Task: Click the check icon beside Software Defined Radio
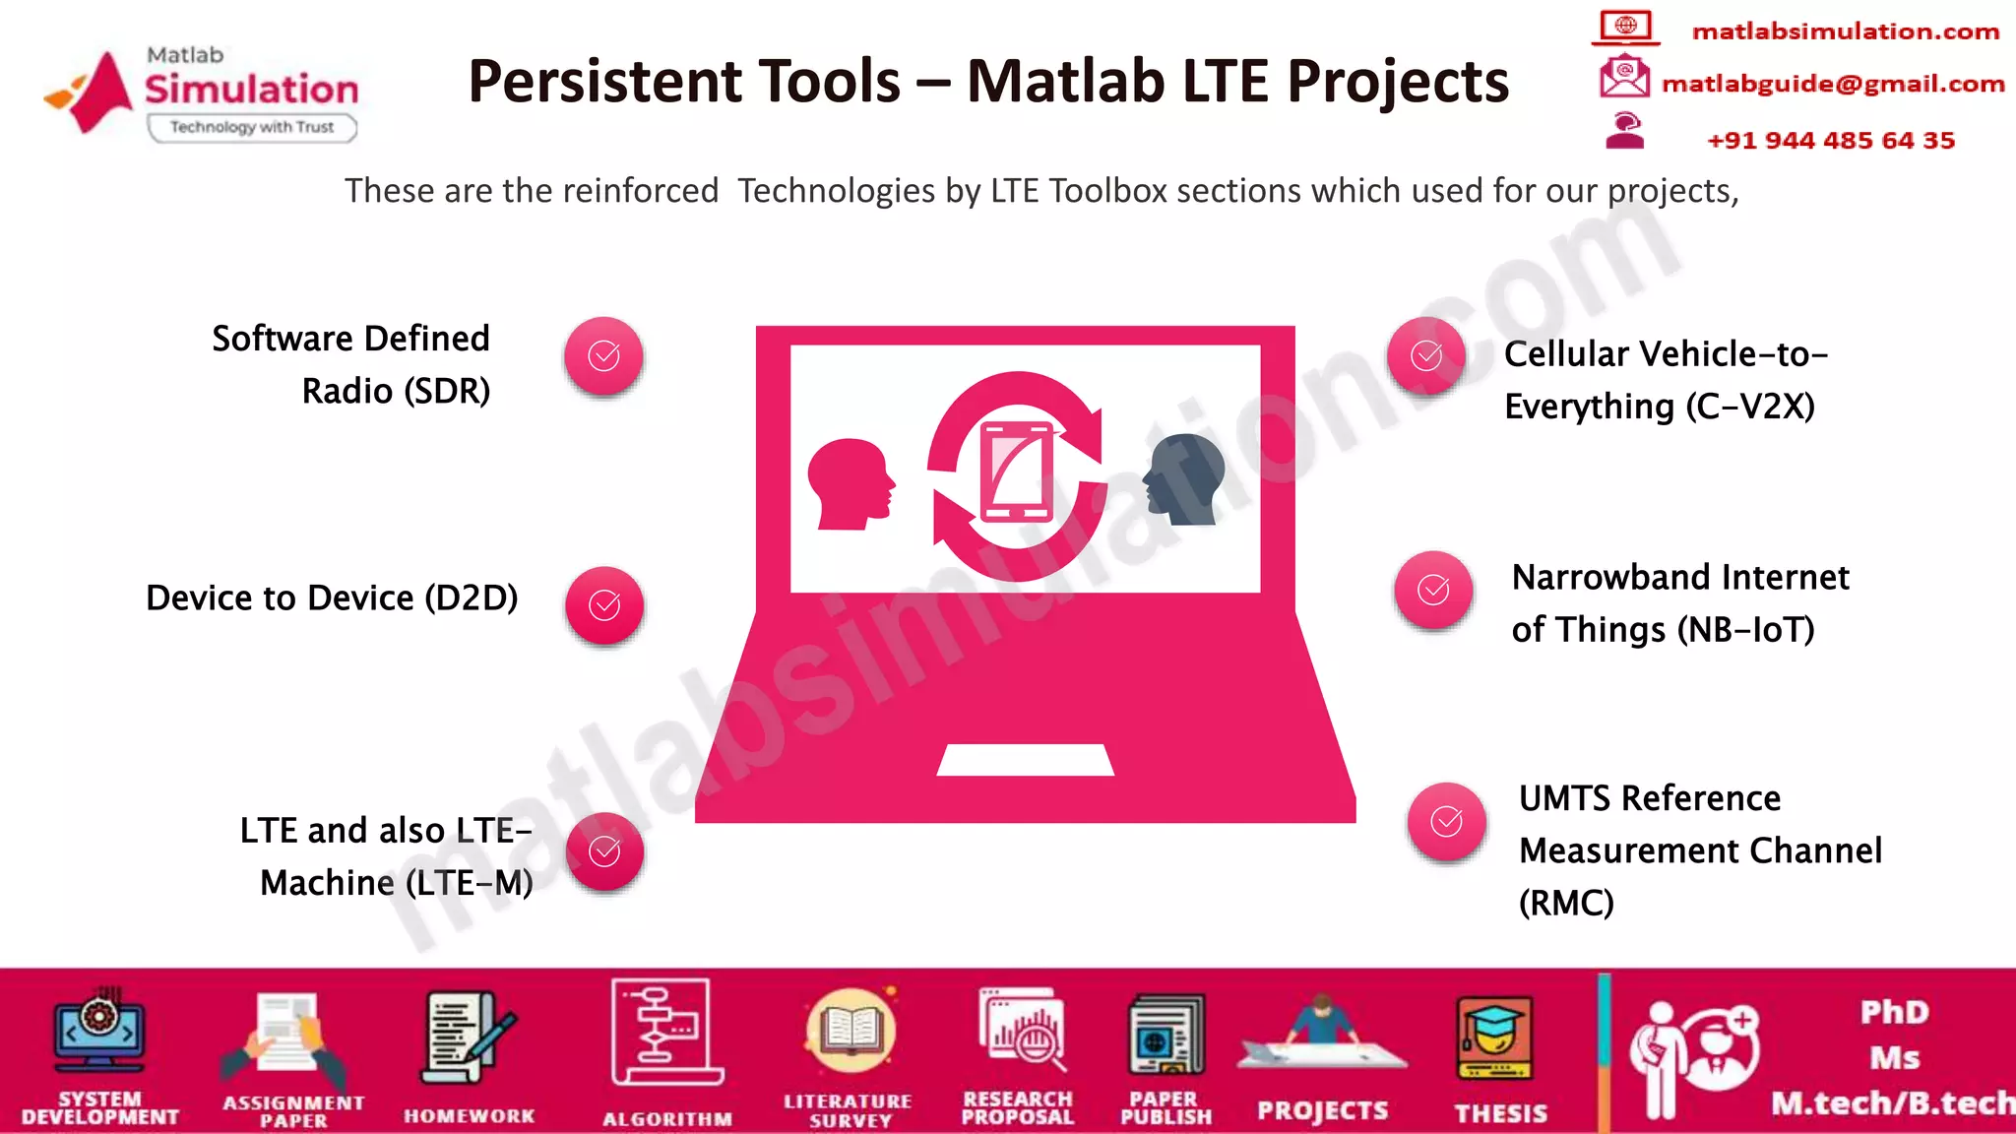[x=603, y=356]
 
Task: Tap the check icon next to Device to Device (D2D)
[x=604, y=605]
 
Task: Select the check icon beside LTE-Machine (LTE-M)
[x=604, y=851]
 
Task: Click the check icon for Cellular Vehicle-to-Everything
[x=1426, y=356]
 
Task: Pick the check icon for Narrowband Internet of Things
[x=1433, y=591]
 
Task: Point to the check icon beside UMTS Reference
[x=1446, y=822]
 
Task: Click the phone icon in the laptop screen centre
[x=1016, y=470]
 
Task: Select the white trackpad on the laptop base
[x=1025, y=760]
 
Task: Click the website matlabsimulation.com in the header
[x=1845, y=31]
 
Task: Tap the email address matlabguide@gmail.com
[x=1833, y=84]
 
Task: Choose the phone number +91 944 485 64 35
[x=1830, y=141]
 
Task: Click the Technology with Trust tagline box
[x=252, y=128]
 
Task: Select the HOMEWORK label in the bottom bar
[x=470, y=1116]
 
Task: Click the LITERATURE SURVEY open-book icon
[x=850, y=1031]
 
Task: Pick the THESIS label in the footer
[x=1501, y=1113]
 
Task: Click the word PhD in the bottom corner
[x=1894, y=1012]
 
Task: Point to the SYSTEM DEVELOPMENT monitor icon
[x=99, y=1032]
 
